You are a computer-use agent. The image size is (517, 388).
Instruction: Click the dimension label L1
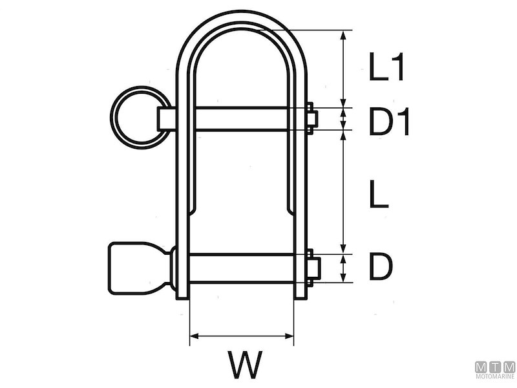[x=386, y=67]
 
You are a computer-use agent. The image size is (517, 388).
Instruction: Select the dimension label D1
[x=389, y=123]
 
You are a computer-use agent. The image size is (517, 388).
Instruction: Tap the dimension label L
[x=378, y=195]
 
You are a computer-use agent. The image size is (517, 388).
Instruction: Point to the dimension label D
[x=381, y=268]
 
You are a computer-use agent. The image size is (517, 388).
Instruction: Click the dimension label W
[x=244, y=365]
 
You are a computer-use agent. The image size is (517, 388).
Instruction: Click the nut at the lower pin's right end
[x=312, y=268]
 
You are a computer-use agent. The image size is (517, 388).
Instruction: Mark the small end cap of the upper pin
[x=312, y=118]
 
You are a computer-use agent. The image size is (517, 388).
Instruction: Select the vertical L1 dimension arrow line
[x=343, y=67]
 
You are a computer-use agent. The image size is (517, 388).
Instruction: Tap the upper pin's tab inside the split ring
[x=167, y=118]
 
